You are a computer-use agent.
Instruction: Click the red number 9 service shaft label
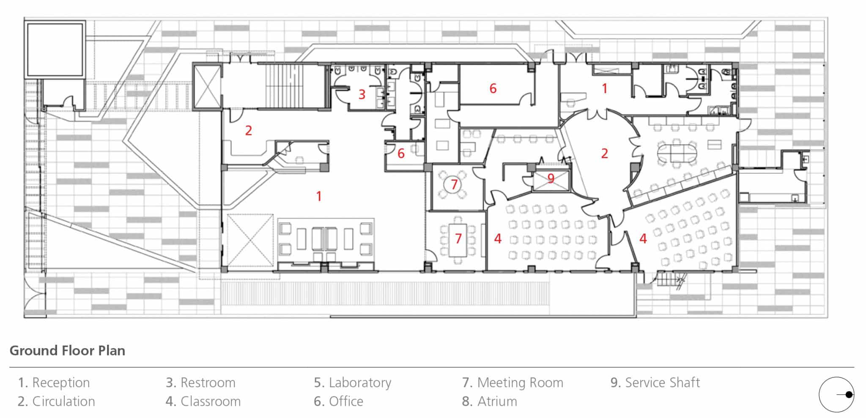(x=551, y=178)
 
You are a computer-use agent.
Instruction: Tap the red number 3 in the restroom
(x=362, y=94)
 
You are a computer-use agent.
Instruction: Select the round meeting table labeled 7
(x=454, y=184)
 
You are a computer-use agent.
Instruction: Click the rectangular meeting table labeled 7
(x=458, y=239)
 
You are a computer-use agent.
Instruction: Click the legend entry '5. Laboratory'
(x=352, y=382)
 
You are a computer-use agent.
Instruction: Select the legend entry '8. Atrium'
(x=489, y=401)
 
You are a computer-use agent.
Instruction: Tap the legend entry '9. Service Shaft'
(x=655, y=382)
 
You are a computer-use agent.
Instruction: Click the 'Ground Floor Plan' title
(x=67, y=350)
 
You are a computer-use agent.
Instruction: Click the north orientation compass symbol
(x=836, y=394)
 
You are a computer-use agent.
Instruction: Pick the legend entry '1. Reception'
(x=54, y=382)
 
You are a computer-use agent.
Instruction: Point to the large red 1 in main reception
(x=319, y=196)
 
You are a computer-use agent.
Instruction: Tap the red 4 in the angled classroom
(x=643, y=239)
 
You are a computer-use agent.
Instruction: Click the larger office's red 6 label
(x=493, y=88)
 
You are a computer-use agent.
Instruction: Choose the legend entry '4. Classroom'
(x=203, y=401)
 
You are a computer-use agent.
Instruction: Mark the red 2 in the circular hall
(x=604, y=153)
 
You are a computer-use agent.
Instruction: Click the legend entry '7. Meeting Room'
(x=512, y=382)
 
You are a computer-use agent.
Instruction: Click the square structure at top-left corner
(x=55, y=49)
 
